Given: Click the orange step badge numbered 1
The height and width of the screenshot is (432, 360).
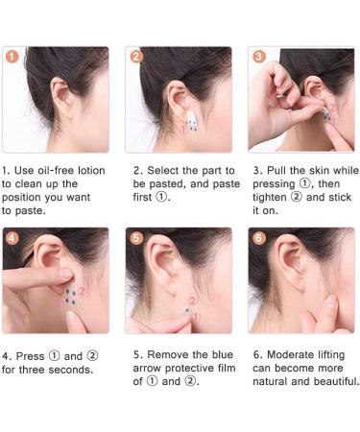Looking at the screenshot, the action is point(12,57).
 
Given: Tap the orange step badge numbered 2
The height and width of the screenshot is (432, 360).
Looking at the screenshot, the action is point(135,57).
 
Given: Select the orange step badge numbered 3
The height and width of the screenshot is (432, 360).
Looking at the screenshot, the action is point(258,57).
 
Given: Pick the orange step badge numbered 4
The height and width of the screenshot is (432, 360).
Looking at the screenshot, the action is point(12,238).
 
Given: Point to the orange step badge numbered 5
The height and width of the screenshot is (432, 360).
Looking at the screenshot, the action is point(136,238).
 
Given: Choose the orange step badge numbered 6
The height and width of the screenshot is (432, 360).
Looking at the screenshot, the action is point(259,238).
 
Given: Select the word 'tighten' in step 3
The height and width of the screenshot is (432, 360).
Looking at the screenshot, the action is point(270,197).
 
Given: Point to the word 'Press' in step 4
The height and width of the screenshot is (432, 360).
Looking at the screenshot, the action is point(30,356).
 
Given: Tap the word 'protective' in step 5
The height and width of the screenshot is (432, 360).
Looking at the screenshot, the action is point(186,369).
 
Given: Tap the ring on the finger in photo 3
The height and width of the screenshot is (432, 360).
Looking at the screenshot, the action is point(280,95).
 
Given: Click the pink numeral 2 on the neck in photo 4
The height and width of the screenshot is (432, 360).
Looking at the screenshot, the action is point(82,290).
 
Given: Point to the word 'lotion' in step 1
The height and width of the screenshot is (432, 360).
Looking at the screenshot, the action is point(91,170).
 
